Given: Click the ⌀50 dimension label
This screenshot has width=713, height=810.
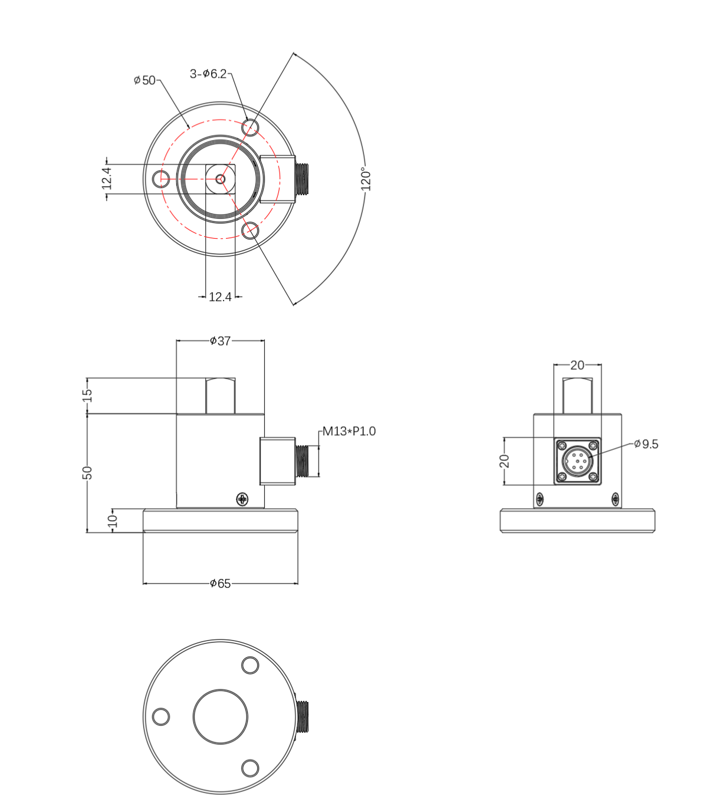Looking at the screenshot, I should [144, 80].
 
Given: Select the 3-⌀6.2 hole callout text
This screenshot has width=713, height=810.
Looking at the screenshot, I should [208, 74].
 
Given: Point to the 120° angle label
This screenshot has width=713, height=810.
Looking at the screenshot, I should [366, 179].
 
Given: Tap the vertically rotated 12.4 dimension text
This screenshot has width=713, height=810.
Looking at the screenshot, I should [107, 178].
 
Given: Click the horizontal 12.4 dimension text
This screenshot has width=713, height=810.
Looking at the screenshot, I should [220, 297].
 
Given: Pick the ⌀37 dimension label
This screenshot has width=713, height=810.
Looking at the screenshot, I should [220, 341].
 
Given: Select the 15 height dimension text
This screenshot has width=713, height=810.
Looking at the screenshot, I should [87, 395].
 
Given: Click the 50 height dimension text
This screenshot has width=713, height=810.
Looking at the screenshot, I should [87, 472].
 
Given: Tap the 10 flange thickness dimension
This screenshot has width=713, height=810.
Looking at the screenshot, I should [113, 521].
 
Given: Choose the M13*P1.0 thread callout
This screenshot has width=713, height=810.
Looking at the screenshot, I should [349, 432].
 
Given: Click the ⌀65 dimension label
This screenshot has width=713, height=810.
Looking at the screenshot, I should [220, 584].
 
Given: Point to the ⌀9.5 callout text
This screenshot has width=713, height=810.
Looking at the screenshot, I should [646, 444].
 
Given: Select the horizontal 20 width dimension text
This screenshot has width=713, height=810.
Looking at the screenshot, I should [577, 366].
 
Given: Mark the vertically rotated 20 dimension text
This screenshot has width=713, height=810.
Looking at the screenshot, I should [505, 461].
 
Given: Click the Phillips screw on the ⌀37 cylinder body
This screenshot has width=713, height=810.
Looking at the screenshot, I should [242, 499].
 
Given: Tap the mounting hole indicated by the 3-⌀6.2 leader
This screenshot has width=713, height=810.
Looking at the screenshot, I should [251, 127].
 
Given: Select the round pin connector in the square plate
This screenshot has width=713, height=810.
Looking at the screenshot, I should [577, 461].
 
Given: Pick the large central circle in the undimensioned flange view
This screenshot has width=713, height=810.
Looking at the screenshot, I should [221, 717].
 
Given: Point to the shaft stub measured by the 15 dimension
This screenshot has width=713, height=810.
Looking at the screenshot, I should [220, 396].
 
